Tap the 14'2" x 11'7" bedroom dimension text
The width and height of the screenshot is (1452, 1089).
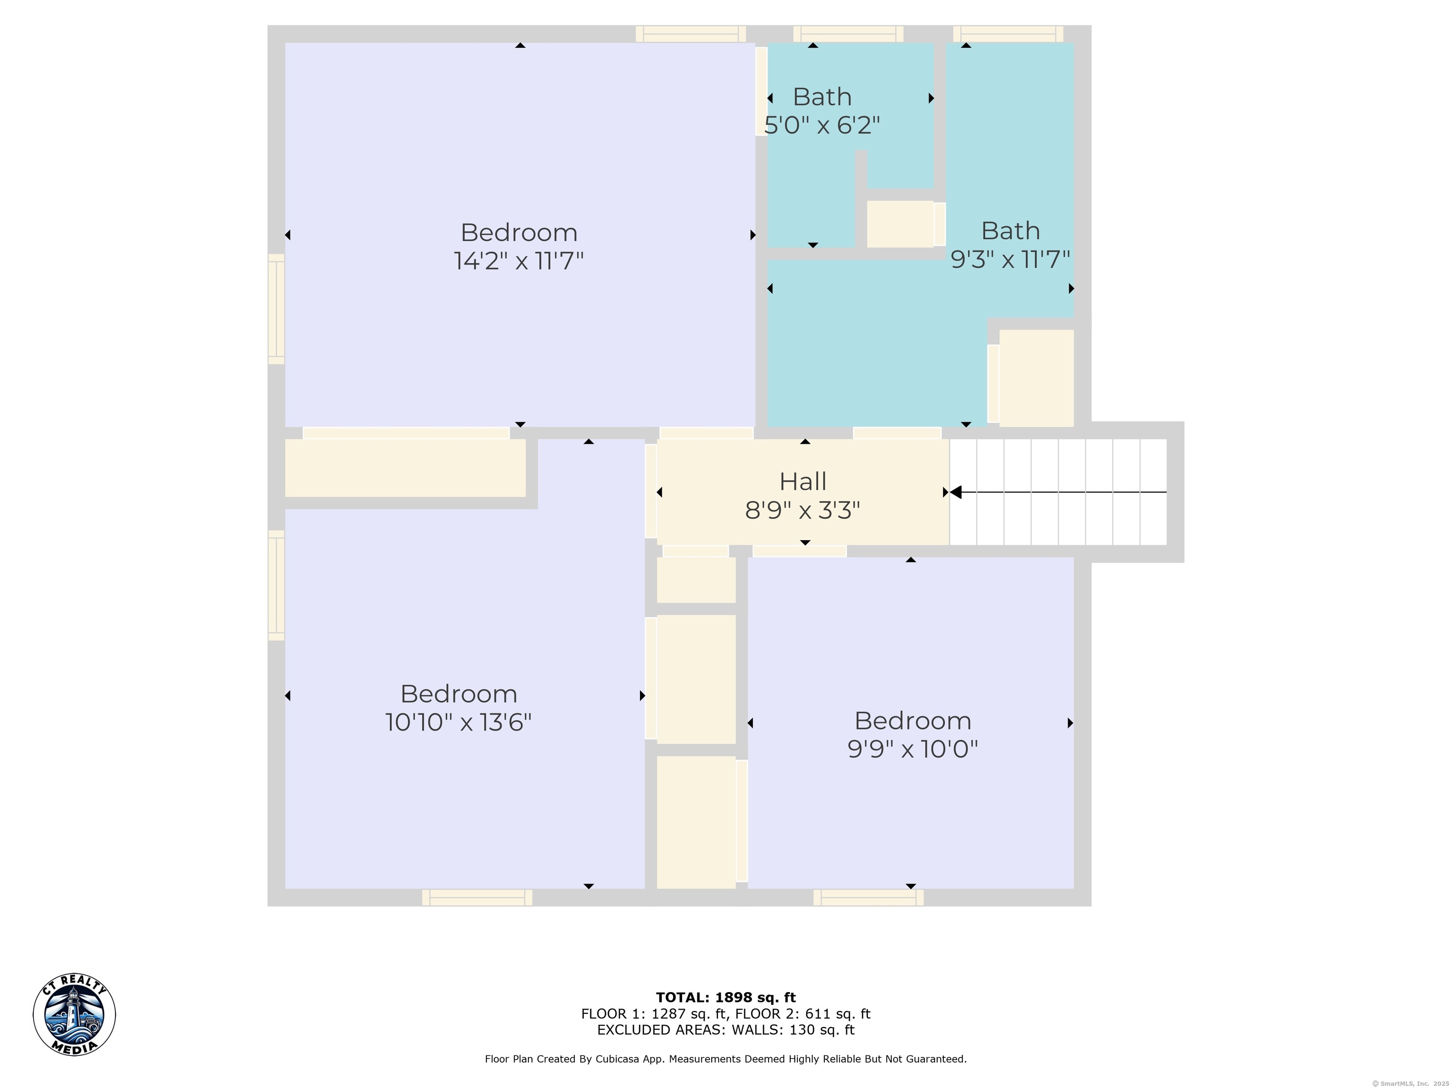(519, 261)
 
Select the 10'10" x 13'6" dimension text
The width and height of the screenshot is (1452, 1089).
(458, 723)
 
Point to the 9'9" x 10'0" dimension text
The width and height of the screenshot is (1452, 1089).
(912, 749)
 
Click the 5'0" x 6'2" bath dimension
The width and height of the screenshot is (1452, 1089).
(822, 125)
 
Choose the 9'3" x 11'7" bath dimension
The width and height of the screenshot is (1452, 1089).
(1010, 259)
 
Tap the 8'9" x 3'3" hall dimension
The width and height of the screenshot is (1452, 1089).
(802, 510)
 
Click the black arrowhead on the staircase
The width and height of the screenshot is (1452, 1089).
(956, 492)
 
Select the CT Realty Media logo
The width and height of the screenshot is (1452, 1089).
(74, 1014)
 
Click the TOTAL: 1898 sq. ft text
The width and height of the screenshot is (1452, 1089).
(726, 998)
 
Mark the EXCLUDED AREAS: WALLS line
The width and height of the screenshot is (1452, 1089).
(726, 1030)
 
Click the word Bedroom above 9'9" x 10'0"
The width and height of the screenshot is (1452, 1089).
(912, 721)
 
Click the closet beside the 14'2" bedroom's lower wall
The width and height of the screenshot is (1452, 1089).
(405, 467)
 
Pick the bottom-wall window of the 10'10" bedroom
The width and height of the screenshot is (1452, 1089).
(477, 897)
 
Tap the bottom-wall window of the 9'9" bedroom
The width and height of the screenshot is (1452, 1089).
(868, 897)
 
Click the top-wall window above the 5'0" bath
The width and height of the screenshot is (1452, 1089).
(848, 34)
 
